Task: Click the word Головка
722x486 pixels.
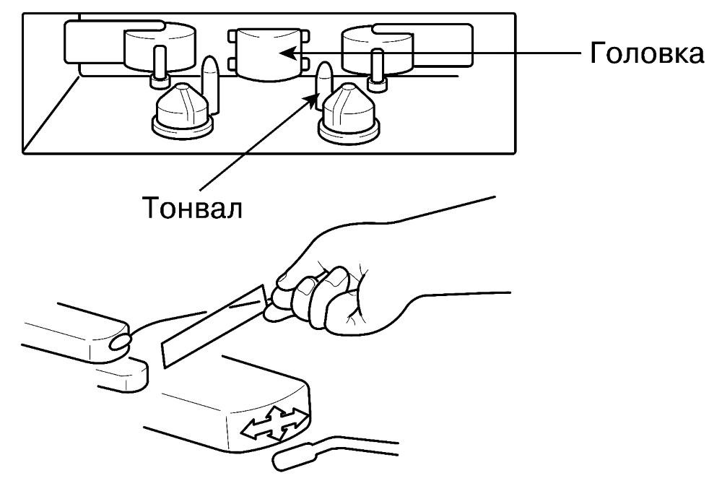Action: click(647, 53)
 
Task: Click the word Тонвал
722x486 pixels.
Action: click(193, 207)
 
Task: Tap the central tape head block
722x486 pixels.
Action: click(269, 54)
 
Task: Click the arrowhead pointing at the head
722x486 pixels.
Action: click(287, 52)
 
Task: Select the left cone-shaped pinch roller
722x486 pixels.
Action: click(183, 110)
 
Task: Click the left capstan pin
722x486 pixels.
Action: click(211, 84)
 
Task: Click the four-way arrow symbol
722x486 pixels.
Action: click(275, 423)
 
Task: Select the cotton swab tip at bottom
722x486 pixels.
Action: click(294, 457)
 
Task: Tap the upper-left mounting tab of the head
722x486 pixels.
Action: click(232, 36)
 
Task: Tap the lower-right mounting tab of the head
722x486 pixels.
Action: click(305, 61)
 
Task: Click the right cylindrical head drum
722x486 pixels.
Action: click(377, 50)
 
